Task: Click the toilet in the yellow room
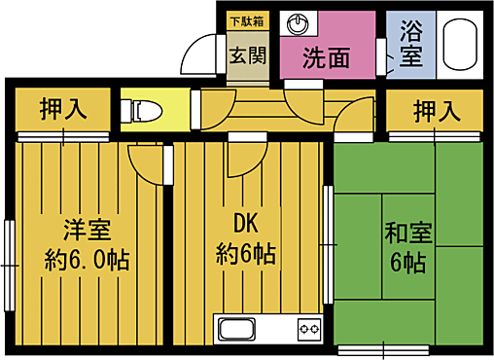point(142,108)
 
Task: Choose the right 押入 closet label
point(436,111)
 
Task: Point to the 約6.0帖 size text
point(88,261)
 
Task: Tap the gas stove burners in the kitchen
point(307,331)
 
